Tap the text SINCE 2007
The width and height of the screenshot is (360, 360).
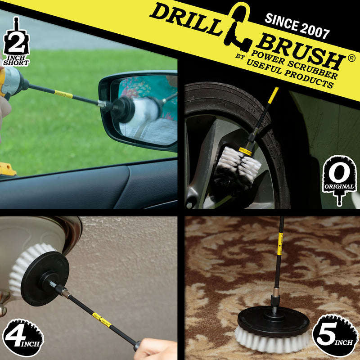[x=297, y=25]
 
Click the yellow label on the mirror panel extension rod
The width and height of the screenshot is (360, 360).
[x=63, y=94]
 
